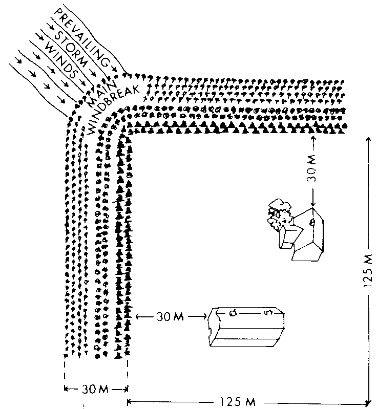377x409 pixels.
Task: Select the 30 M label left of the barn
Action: click(x=169, y=317)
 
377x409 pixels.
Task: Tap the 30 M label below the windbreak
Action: click(x=95, y=389)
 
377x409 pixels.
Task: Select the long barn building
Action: click(x=248, y=328)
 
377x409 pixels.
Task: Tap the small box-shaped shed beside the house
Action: click(x=289, y=238)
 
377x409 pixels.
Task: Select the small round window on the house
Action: click(x=311, y=221)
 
